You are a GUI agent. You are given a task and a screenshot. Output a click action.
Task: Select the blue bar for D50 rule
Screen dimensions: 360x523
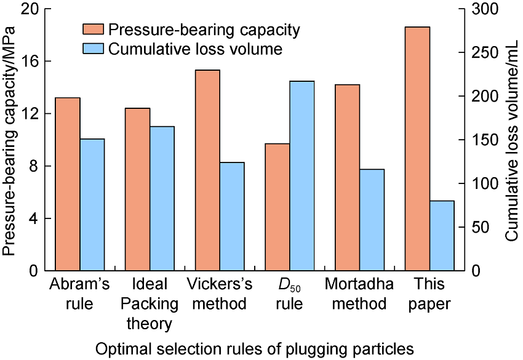pos(302,176)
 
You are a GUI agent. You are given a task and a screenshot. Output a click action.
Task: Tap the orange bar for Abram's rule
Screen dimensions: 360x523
pos(68,184)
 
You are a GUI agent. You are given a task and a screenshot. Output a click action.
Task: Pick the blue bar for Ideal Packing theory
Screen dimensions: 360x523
pos(162,198)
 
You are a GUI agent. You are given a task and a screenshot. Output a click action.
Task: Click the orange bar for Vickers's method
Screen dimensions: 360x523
pos(207,170)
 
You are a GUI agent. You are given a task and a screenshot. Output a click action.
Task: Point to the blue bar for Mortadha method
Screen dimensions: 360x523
pos(372,220)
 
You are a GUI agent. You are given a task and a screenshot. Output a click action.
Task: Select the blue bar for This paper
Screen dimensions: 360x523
pos(442,236)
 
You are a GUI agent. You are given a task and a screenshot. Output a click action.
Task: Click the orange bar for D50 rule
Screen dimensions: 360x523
pos(277,207)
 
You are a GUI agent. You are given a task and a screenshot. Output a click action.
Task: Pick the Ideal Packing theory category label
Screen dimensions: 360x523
pos(150,304)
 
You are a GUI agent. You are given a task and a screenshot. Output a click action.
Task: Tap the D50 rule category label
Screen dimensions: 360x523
pos(290,295)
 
